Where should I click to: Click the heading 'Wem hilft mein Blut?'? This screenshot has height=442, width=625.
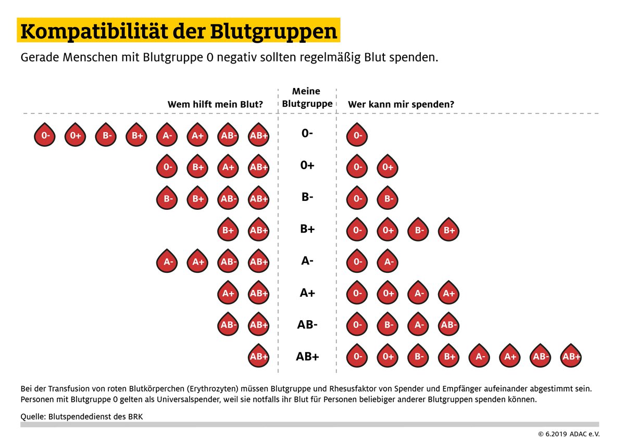click(215, 104)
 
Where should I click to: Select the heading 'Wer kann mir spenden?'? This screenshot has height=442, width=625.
click(401, 104)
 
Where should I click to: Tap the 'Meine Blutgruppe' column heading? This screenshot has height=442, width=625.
click(307, 97)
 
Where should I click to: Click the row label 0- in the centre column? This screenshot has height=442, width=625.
click(307, 133)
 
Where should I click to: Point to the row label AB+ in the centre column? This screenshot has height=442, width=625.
click(307, 357)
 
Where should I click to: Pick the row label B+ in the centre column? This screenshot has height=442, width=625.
click(307, 229)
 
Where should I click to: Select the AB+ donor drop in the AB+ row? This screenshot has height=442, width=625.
click(571, 356)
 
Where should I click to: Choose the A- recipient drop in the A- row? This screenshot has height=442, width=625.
click(168, 262)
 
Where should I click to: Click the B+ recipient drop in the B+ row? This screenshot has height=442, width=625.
click(228, 230)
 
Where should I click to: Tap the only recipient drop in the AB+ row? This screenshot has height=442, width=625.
click(259, 356)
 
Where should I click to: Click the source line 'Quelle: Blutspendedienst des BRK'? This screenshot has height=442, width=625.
click(81, 416)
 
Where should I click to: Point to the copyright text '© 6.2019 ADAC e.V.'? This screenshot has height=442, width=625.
click(569, 434)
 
